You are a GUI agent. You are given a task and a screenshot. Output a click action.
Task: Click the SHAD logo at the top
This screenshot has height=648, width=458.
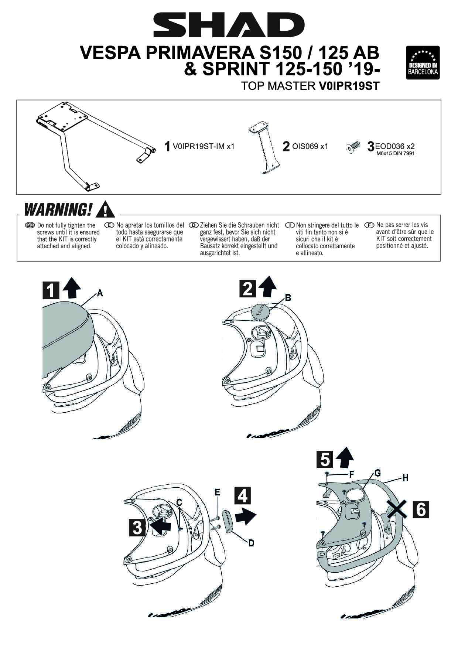click(229, 25)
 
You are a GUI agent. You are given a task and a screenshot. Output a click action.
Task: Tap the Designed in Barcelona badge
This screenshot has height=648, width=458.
click(423, 62)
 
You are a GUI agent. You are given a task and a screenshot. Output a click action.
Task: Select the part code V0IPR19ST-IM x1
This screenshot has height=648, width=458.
click(204, 146)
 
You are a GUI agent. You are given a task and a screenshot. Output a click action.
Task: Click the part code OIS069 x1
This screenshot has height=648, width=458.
click(310, 146)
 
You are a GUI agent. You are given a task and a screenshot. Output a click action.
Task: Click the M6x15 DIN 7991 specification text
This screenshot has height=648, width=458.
click(395, 153)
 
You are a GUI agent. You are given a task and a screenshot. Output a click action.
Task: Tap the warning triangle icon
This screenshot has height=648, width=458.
click(105, 209)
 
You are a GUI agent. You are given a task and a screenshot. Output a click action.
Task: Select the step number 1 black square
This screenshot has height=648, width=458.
click(51, 290)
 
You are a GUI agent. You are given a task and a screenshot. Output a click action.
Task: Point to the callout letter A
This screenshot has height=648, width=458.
click(100, 293)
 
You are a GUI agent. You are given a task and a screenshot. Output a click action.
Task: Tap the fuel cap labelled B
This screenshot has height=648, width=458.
click(260, 311)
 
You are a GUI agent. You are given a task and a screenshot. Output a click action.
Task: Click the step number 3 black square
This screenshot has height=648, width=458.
click(137, 528)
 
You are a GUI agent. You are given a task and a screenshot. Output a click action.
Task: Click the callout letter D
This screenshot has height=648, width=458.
click(251, 543)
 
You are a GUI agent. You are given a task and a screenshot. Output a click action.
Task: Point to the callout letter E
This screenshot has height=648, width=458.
click(218, 492)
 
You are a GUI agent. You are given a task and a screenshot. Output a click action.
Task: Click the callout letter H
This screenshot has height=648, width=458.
click(405, 478)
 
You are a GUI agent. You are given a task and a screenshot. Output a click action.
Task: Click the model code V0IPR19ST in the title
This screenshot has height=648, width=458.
click(349, 86)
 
